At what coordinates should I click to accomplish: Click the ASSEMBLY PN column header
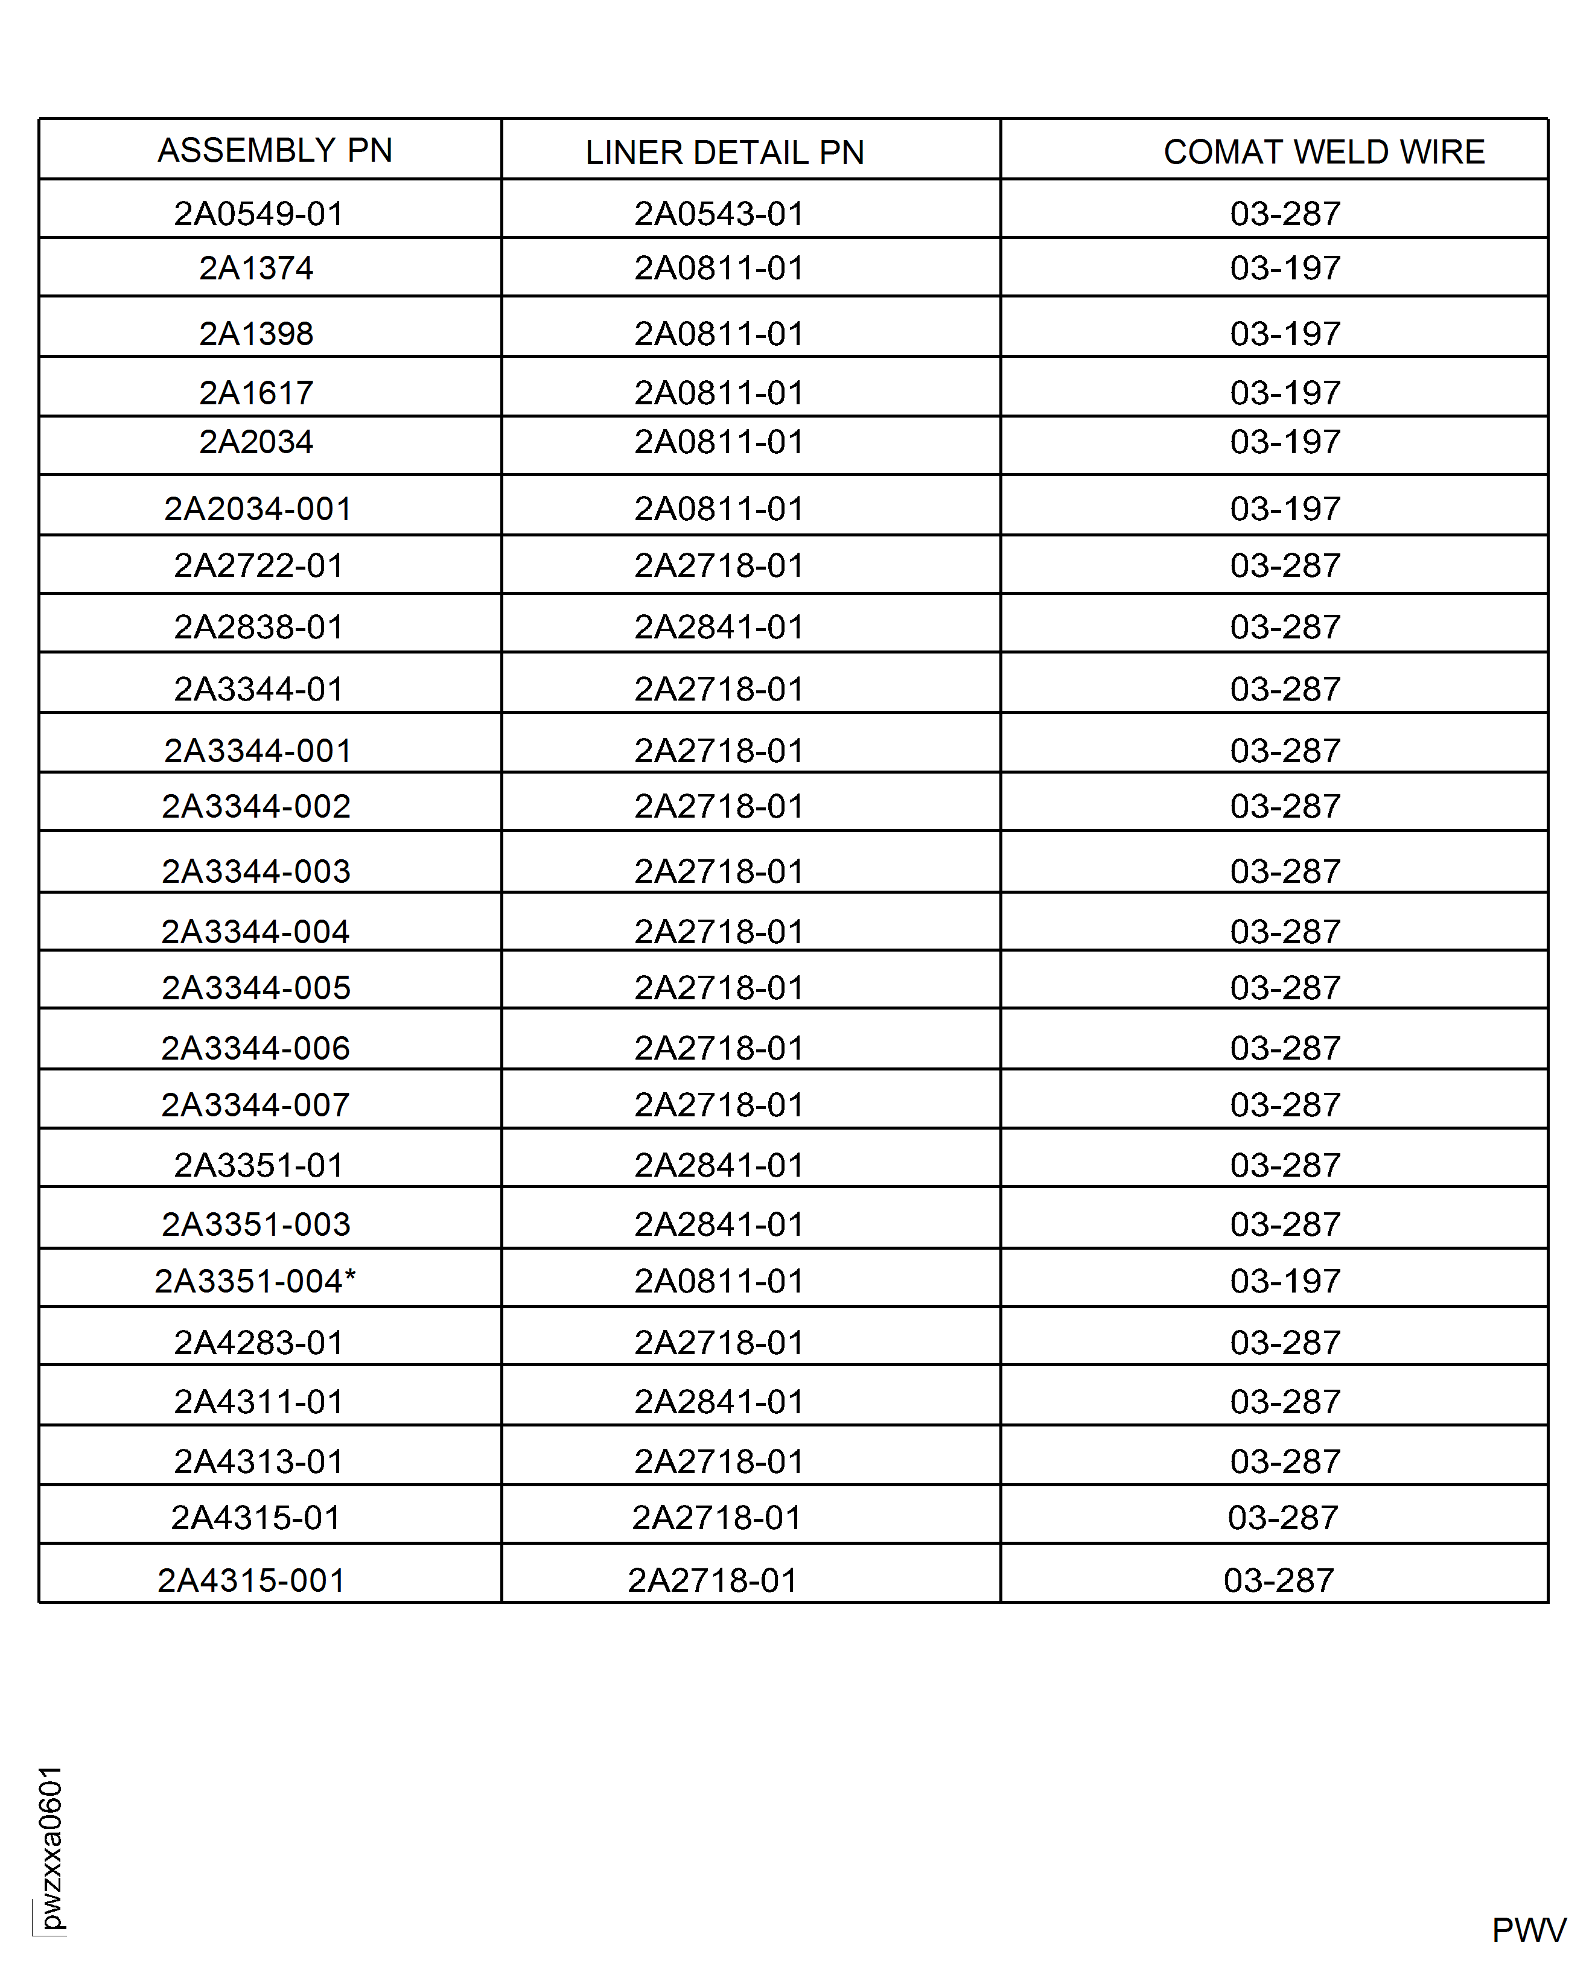[x=275, y=150]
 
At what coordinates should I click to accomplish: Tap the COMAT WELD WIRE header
[x=1323, y=151]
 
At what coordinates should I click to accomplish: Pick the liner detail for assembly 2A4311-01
[x=719, y=1402]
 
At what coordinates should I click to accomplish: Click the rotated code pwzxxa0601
[x=51, y=1847]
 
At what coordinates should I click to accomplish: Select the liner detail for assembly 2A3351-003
[x=719, y=1224]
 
